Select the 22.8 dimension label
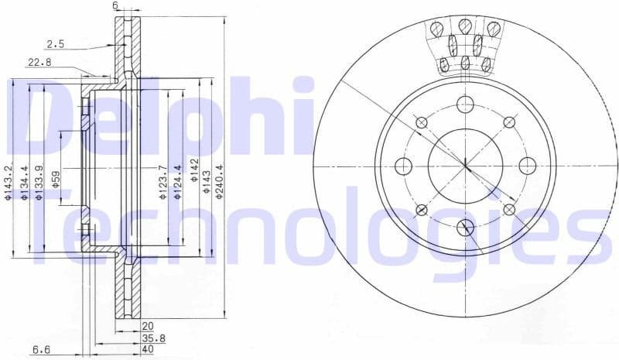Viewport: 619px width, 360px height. click(x=39, y=63)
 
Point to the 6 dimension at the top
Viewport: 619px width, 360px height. click(x=115, y=6)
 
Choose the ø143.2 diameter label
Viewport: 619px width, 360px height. click(x=9, y=183)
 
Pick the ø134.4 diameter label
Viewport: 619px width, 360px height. click(x=25, y=183)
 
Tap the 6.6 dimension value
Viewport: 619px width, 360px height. click(x=41, y=349)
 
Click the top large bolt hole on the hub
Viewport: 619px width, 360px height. click(x=465, y=105)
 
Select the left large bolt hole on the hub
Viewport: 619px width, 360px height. click(x=403, y=165)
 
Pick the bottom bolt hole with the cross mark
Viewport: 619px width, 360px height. click(x=465, y=227)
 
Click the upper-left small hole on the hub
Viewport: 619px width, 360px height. click(x=422, y=122)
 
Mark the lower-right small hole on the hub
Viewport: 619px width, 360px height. click(x=509, y=210)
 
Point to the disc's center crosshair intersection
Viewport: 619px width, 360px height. click(x=465, y=165)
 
